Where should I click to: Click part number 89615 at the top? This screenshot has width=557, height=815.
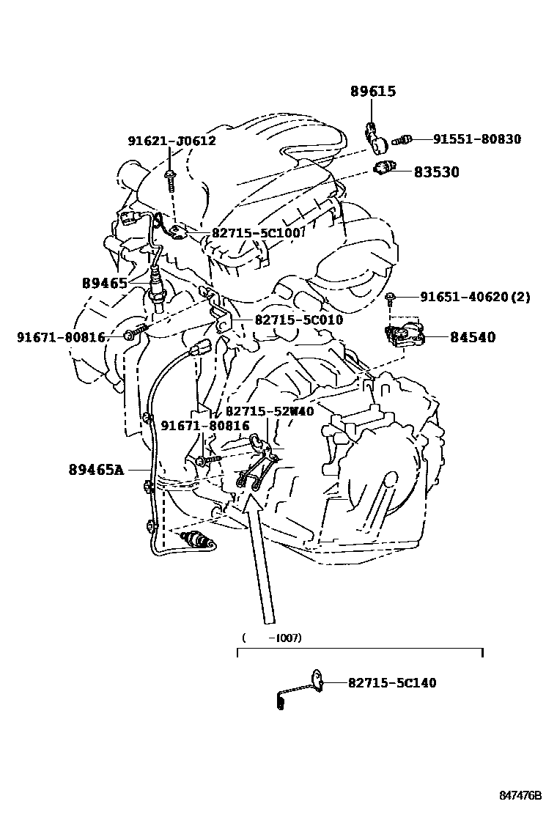372,92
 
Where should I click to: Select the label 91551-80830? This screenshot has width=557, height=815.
476,139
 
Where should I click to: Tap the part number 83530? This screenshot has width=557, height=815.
436,172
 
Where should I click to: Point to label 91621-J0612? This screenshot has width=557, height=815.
171,141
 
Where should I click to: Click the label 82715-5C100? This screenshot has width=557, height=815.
257,233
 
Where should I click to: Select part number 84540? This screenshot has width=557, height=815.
472,337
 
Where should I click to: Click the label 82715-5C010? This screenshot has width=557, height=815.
299,320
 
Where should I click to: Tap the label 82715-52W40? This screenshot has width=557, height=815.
269,412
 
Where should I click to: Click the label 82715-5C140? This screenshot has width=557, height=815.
391,683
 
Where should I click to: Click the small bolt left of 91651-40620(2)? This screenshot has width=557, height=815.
391,297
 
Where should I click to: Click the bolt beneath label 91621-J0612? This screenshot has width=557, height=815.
169,177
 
